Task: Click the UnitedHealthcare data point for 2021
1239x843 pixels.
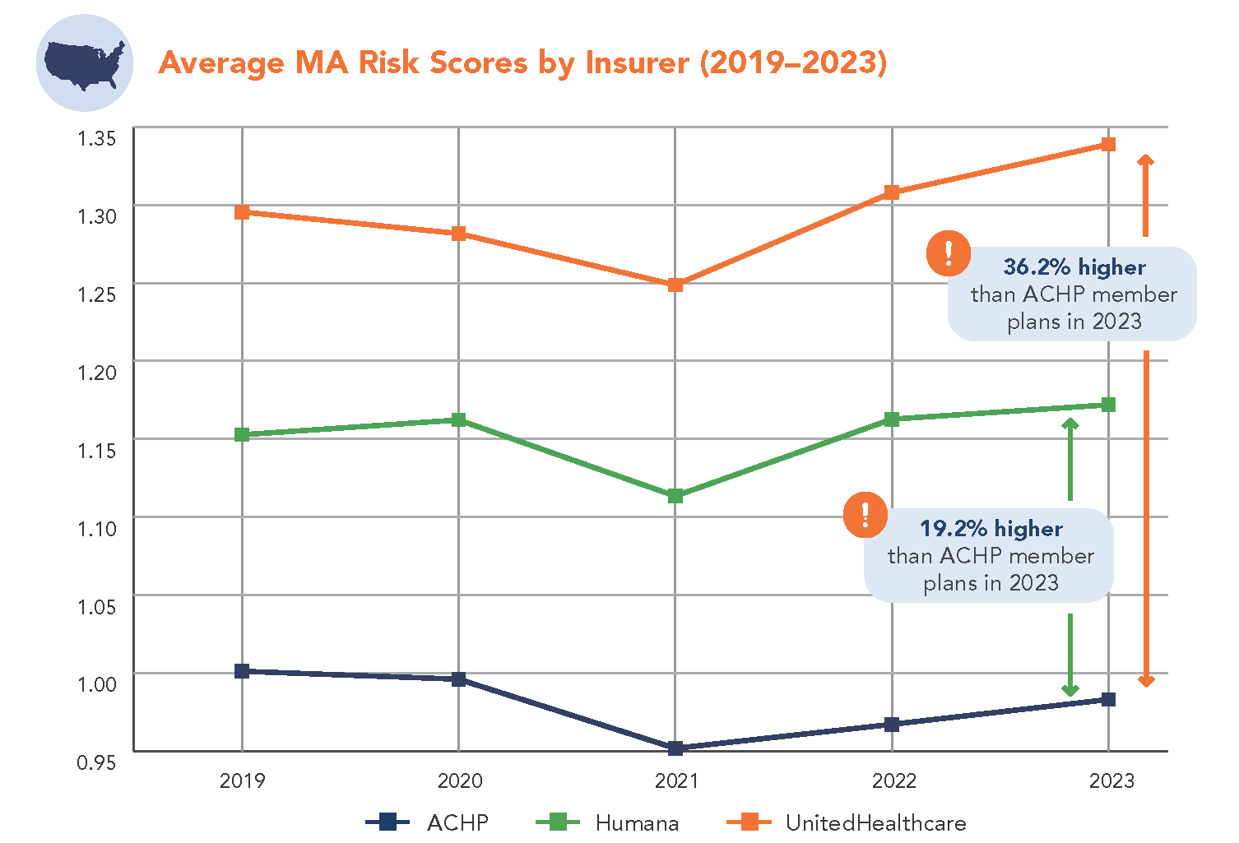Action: (x=675, y=285)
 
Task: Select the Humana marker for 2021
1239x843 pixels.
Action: (x=675, y=496)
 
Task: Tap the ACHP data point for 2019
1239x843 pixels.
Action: (x=242, y=671)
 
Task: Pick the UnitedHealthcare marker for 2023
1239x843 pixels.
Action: (x=1108, y=145)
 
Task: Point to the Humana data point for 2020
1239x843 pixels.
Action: (x=459, y=420)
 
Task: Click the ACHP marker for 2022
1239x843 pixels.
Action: (x=892, y=725)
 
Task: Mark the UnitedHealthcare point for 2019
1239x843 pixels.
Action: (x=242, y=212)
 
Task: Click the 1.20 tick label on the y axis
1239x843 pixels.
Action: (x=97, y=372)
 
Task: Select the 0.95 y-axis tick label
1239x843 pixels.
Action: (x=97, y=762)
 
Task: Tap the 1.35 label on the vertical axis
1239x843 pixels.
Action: (x=97, y=138)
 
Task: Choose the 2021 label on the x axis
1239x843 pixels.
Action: (x=676, y=780)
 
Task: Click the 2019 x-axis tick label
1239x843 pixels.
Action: (x=243, y=780)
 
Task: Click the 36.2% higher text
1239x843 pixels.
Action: (x=1074, y=267)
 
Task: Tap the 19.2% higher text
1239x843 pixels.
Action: (x=991, y=529)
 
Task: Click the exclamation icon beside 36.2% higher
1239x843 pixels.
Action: (x=949, y=253)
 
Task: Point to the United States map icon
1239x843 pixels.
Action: (x=85, y=63)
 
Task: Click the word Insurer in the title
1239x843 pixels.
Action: (x=637, y=63)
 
